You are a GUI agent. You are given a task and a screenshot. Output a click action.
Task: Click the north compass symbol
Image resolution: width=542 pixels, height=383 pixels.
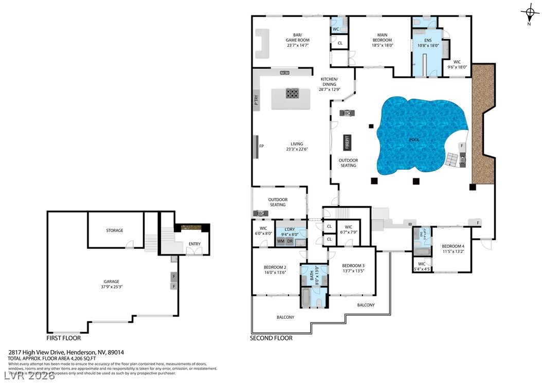pyautogui.click(x=529, y=12)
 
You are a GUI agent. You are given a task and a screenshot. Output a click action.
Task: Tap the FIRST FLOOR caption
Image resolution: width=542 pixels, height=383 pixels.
pyautogui.click(x=63, y=338)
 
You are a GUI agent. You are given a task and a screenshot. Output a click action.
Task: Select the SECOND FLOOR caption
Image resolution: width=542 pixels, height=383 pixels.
pyautogui.click(x=271, y=338)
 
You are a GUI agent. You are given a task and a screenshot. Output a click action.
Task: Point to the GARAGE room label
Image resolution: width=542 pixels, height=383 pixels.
pyautogui.click(x=112, y=281)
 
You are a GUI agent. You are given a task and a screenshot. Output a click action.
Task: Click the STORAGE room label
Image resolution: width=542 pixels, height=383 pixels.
pyautogui.click(x=115, y=230)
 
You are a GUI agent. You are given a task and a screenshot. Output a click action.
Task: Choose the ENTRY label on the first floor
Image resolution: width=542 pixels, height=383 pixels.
pyautogui.click(x=195, y=244)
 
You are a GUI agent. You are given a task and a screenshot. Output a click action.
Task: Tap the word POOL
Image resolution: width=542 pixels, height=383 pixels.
pyautogui.click(x=414, y=140)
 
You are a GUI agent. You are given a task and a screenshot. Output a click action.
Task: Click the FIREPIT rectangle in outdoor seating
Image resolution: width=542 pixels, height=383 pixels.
pyautogui.click(x=347, y=142)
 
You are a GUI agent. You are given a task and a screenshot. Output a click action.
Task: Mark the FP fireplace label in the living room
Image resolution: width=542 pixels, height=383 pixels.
pyautogui.click(x=261, y=146)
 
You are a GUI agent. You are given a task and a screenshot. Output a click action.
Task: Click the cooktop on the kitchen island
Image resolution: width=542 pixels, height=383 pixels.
pyautogui.click(x=293, y=94)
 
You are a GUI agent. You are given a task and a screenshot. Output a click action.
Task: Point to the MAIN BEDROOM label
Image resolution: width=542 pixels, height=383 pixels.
pyautogui.click(x=382, y=38)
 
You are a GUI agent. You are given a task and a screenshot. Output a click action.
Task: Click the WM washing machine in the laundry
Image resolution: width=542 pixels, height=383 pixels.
pyautogui.click(x=281, y=241)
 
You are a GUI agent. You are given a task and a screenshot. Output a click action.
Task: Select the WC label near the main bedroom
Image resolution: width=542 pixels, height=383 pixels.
pyautogui.click(x=335, y=29)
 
